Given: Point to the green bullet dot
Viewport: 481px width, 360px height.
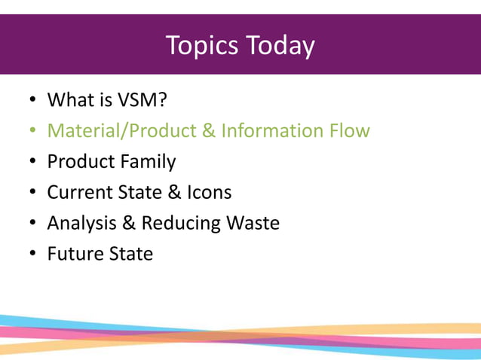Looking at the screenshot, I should [32, 132].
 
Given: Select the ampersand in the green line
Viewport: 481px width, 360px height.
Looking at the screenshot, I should [208, 131].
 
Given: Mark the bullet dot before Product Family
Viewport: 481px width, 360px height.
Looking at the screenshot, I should [32, 163].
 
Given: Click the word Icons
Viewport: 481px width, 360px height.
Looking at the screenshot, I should [209, 192].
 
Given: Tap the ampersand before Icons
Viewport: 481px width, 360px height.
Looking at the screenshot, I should [174, 192].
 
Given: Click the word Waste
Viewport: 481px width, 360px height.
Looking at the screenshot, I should [253, 223].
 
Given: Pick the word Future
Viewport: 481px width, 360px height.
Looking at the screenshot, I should [72, 254].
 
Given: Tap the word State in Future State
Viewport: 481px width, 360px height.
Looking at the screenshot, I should [127, 254].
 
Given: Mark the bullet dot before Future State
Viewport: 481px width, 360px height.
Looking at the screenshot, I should [32, 255].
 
